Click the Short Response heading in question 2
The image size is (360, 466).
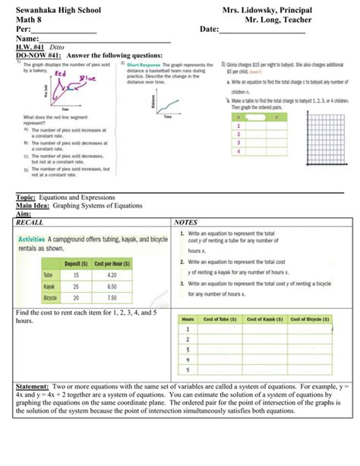(x=144, y=65)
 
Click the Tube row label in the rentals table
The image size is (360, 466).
(x=47, y=274)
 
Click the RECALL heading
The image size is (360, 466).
(x=30, y=222)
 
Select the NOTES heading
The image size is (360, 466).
(x=186, y=222)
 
